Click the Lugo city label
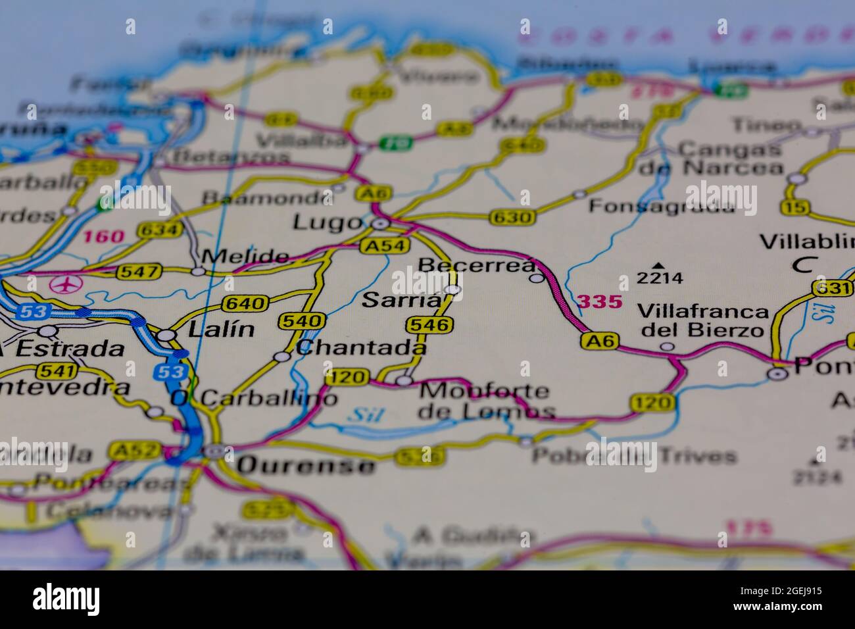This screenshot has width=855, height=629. pos(327,222)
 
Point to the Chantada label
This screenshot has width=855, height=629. pos(361,347)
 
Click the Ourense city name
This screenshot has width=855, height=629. pos(306,465)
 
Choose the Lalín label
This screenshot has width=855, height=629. pos(221,330)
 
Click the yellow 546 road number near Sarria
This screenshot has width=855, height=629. pos(430,324)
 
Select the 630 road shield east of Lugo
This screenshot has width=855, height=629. pos(512,217)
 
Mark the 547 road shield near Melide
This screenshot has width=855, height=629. pos(139,271)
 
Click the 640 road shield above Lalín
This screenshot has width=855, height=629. pos(245,304)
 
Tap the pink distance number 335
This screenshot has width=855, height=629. pos(599,302)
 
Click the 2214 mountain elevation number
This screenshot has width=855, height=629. pos(660,278)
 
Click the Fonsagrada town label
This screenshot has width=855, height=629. pos(661,206)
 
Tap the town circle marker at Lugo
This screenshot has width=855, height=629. pos(379,225)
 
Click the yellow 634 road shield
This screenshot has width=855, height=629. pos(159,230)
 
